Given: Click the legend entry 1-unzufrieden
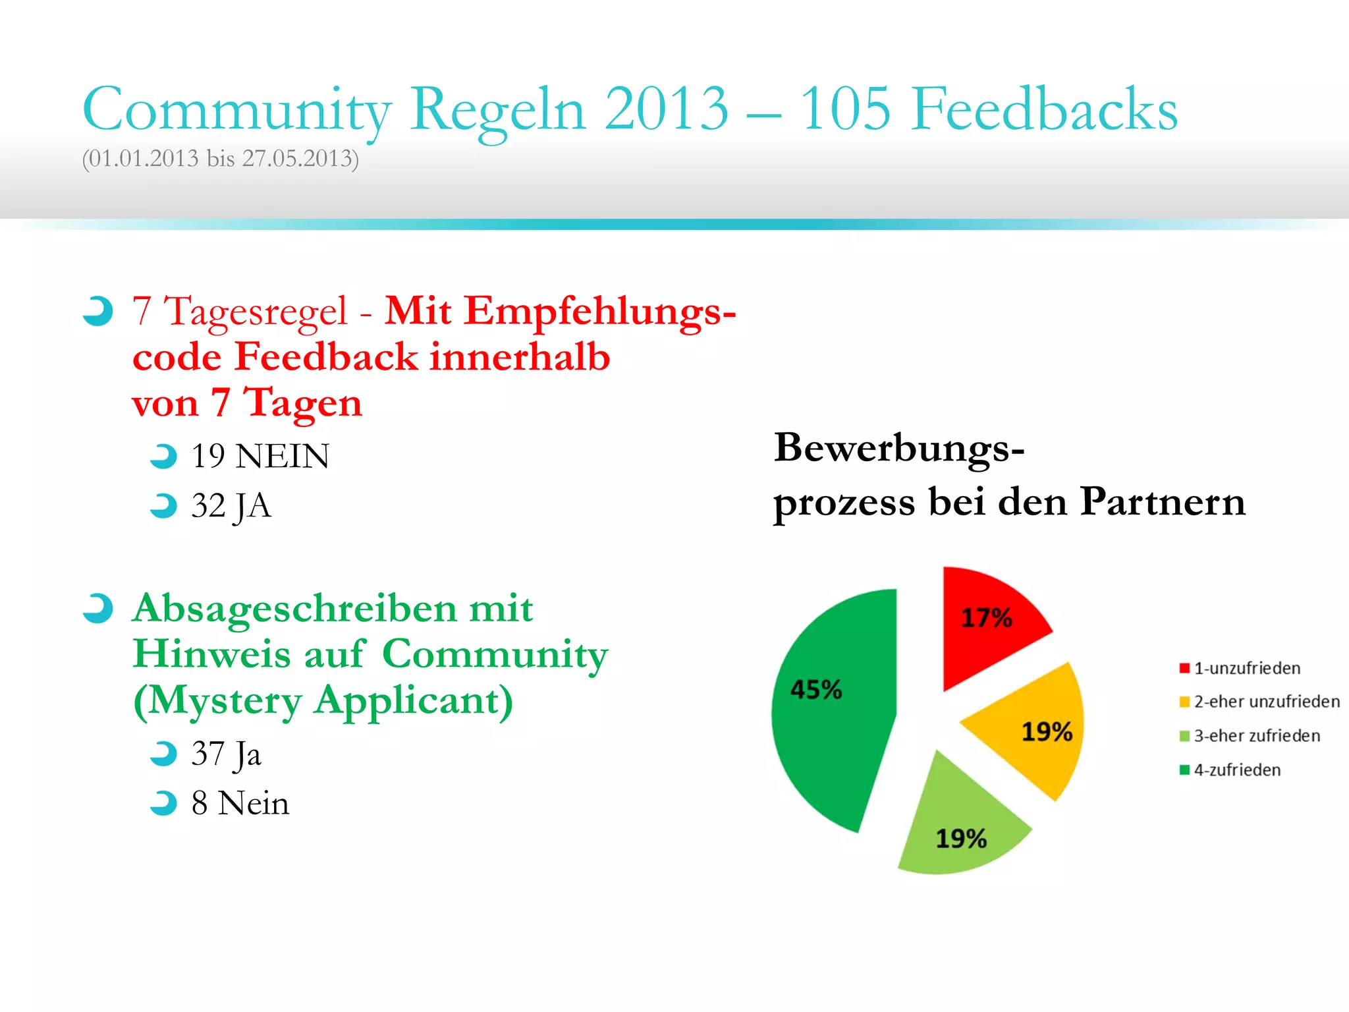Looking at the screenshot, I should (1240, 668).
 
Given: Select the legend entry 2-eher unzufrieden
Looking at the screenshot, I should (1259, 702).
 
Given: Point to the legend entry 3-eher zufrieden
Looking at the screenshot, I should (1250, 736).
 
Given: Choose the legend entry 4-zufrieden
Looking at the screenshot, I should (1230, 770).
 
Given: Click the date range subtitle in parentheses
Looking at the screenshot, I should (220, 159).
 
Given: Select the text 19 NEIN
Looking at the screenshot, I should (260, 456).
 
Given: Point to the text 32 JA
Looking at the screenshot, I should (231, 506).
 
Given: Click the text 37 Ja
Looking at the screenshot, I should (226, 754).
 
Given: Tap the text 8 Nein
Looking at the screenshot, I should (240, 803).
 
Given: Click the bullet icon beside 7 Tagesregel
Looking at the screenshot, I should (98, 311).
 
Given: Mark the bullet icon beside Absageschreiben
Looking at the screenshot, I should (98, 608).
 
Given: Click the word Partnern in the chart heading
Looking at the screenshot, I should (1163, 502).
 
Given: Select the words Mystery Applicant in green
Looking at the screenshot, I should (323, 701).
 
